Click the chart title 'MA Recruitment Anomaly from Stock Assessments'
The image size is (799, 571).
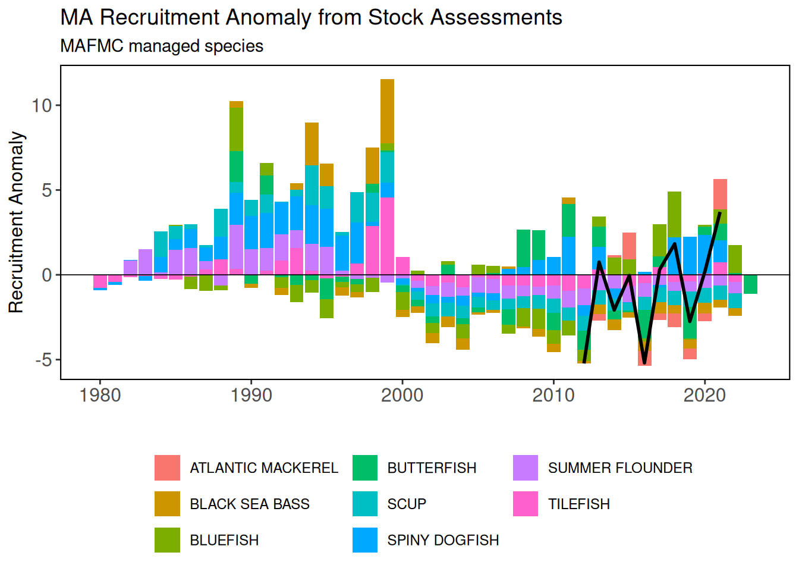pos(311,18)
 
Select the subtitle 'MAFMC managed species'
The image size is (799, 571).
pos(162,46)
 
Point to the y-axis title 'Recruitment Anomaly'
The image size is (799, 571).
pos(16,222)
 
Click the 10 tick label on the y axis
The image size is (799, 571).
pos(42,105)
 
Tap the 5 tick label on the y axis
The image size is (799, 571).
pos(46,190)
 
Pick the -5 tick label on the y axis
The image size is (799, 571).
pos(43,360)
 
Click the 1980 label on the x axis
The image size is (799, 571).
pos(100,395)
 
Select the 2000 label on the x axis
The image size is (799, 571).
pos(402,395)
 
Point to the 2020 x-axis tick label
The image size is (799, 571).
pos(704,395)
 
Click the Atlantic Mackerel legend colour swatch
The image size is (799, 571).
pos(167,468)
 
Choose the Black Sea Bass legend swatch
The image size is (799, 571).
pos(167,504)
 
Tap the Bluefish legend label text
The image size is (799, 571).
pos(224,540)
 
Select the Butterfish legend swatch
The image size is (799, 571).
pos(365,468)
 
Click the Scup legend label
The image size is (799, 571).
pos(407,504)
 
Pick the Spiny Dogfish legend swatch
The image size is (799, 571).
pos(365,540)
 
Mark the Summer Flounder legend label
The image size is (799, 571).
pos(620,468)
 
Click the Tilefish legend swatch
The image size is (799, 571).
pos(526,504)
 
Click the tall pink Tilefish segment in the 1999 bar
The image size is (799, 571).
pos(387,236)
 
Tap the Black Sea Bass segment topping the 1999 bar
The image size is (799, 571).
pos(387,111)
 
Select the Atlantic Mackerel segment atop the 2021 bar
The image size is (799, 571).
pos(720,194)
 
